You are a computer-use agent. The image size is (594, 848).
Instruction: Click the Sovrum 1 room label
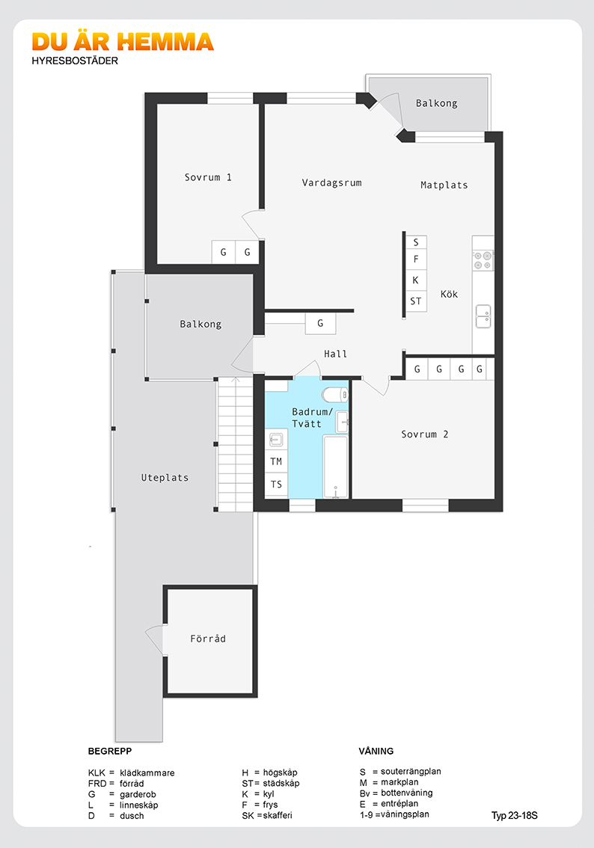pyautogui.click(x=208, y=177)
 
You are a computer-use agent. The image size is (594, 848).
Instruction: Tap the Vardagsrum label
pyautogui.click(x=331, y=182)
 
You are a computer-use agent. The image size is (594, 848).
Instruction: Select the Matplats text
pyautogui.click(x=444, y=185)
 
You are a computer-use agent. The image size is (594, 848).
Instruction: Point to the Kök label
pyautogui.click(x=449, y=294)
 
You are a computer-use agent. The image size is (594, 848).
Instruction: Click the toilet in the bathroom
pyautogui.click(x=335, y=394)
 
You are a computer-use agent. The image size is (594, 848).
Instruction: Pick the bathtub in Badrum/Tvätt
pyautogui.click(x=335, y=466)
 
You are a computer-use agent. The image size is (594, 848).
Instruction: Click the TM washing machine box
pyautogui.click(x=277, y=461)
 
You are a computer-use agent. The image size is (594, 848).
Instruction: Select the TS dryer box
pyautogui.click(x=277, y=485)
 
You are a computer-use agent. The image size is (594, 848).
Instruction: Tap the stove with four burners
pyautogui.click(x=483, y=260)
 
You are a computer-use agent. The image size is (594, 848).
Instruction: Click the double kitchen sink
pyautogui.click(x=483, y=316)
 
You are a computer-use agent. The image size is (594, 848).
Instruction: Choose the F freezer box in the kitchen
pyautogui.click(x=416, y=259)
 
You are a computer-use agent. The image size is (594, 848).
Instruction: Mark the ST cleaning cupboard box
pyautogui.click(x=416, y=301)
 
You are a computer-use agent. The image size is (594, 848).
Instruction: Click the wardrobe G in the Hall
pyautogui.click(x=320, y=323)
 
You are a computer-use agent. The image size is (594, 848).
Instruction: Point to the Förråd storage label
pyautogui.click(x=208, y=639)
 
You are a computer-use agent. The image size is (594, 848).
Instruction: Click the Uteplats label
pyautogui.click(x=165, y=478)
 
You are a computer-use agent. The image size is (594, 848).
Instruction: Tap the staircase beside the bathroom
pyautogui.click(x=236, y=444)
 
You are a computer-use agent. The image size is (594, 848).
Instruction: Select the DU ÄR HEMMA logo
pyautogui.click(x=123, y=42)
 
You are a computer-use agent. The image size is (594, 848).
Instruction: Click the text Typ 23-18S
pyautogui.click(x=515, y=816)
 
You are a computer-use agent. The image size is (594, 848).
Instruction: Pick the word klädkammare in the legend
pyautogui.click(x=147, y=772)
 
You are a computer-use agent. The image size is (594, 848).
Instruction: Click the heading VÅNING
pyautogui.click(x=376, y=752)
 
